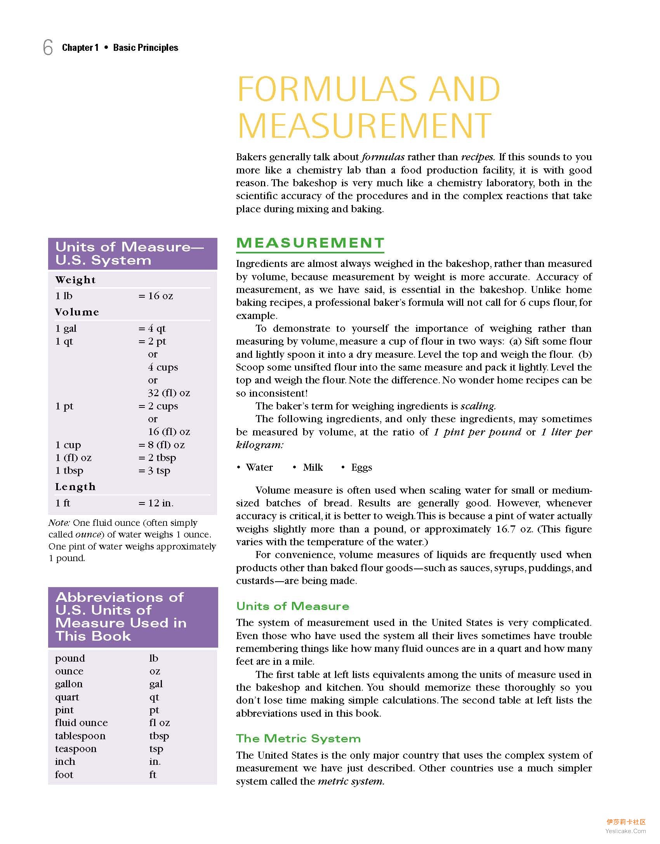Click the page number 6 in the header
(48, 48)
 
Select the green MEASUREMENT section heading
(310, 243)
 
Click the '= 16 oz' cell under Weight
(156, 296)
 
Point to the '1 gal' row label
(66, 329)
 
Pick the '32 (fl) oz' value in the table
(169, 393)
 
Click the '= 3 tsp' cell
(155, 471)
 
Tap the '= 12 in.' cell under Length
(156, 503)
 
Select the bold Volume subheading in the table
(77, 312)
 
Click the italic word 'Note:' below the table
(59, 523)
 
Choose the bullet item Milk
(313, 468)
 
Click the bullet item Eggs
(361, 468)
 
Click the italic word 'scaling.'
(478, 406)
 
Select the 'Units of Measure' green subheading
(293, 606)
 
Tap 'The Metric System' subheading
(298, 738)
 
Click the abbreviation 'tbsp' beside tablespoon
(159, 736)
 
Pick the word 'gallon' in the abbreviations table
(69, 684)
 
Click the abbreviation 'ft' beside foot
(153, 775)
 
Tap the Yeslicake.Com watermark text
(625, 831)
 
